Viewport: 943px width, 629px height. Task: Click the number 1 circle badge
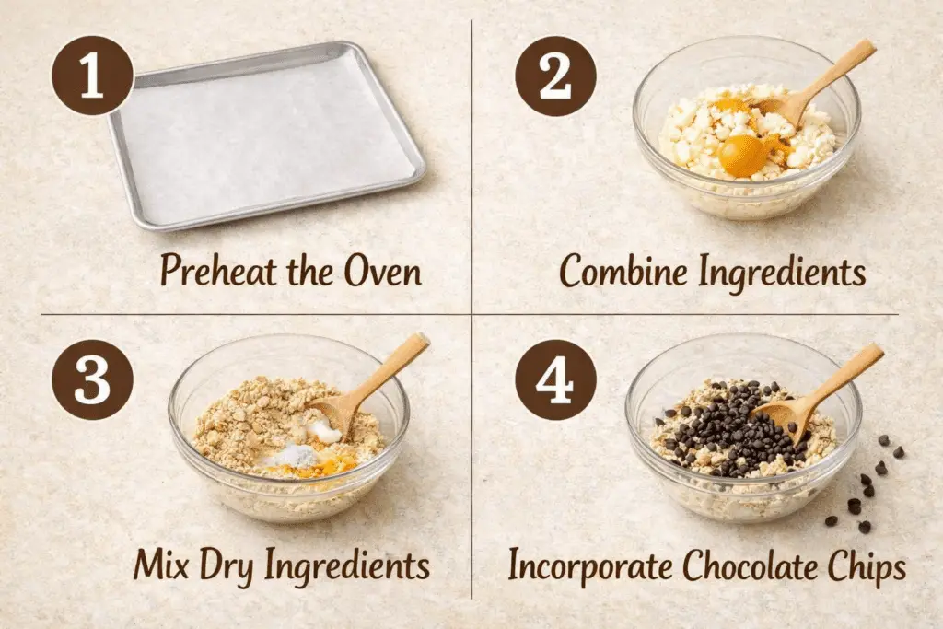click(93, 76)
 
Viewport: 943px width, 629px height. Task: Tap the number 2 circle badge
click(555, 76)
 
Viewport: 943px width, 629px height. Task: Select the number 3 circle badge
click(93, 379)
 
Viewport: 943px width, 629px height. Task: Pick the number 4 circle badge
click(555, 379)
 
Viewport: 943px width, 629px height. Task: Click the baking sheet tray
click(268, 136)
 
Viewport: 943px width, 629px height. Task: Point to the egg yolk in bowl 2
click(743, 155)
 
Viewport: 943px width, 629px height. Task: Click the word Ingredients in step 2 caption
click(783, 273)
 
